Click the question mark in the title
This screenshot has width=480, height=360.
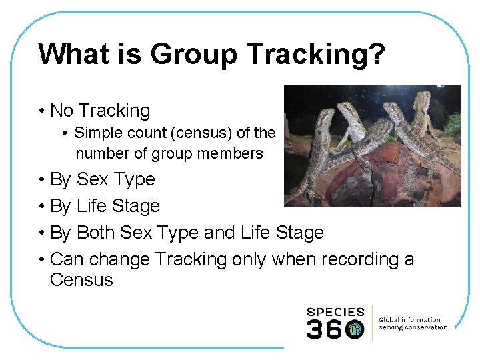pyautogui.click(x=377, y=54)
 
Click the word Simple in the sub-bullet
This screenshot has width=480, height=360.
pyautogui.click(x=98, y=133)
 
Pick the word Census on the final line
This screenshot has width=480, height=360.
pyautogui.click(x=81, y=279)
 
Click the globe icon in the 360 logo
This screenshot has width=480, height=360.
pyautogui.click(x=355, y=329)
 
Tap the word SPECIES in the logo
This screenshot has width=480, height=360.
pyautogui.click(x=335, y=312)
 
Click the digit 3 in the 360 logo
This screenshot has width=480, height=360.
pyautogui.click(x=315, y=329)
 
